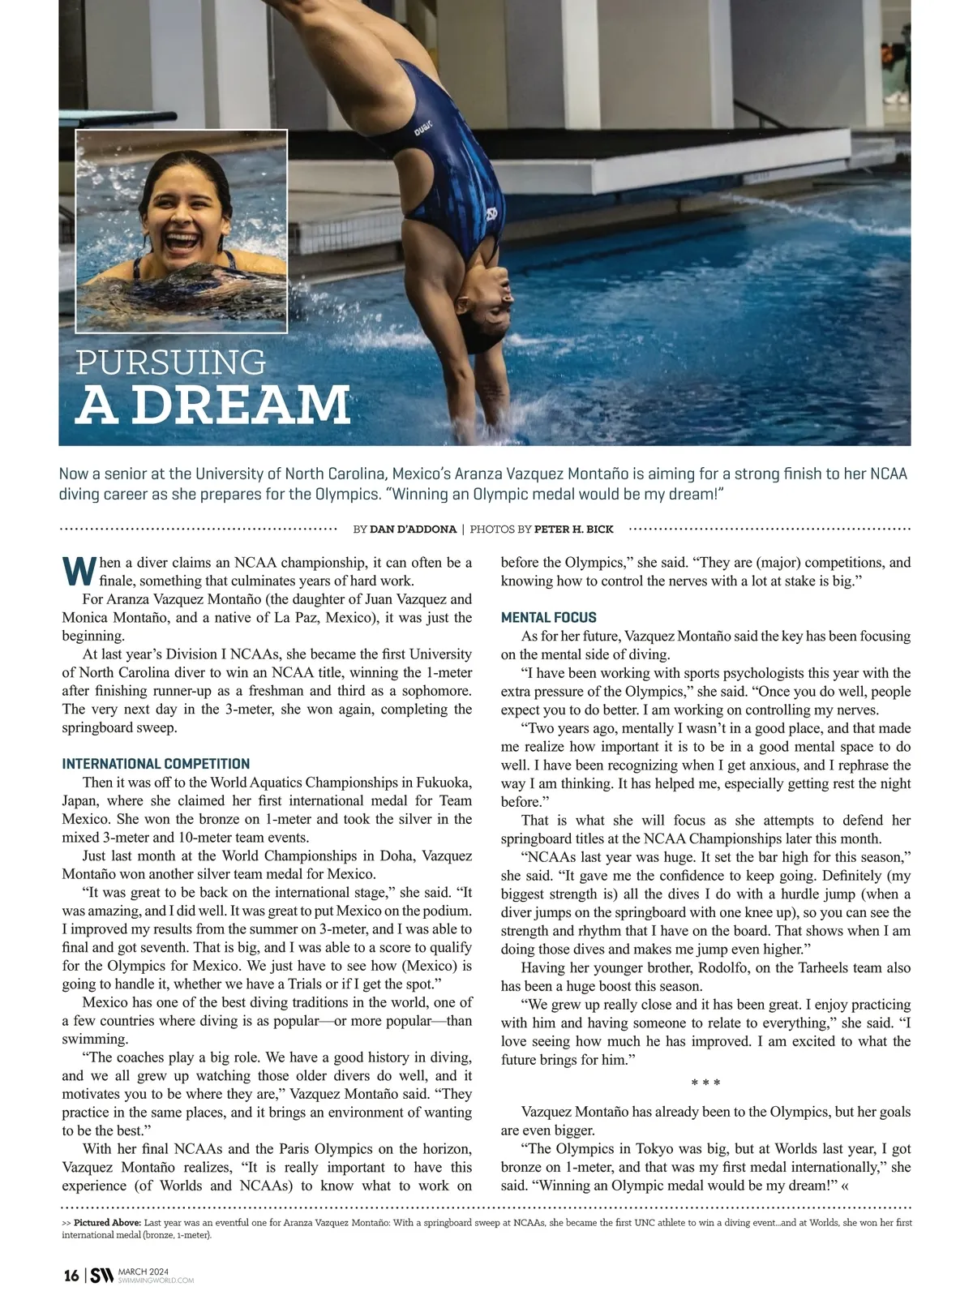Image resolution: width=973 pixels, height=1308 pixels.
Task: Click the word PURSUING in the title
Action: [x=170, y=362]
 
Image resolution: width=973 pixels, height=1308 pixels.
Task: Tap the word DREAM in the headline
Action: [x=241, y=405]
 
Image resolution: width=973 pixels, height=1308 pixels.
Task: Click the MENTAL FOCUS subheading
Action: [x=548, y=618]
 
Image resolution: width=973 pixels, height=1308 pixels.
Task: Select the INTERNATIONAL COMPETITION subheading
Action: [x=156, y=764]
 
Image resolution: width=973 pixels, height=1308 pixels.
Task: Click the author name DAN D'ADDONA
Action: [x=413, y=530]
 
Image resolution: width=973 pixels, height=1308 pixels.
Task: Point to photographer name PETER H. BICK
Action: [x=573, y=530]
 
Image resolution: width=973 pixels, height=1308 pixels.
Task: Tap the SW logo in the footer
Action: [x=101, y=1276]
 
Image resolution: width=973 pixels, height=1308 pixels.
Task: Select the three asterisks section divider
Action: [x=705, y=1083]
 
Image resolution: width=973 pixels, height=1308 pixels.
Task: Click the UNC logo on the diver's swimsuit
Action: [x=490, y=215]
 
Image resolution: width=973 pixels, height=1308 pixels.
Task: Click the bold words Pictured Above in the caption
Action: [x=108, y=1222]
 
